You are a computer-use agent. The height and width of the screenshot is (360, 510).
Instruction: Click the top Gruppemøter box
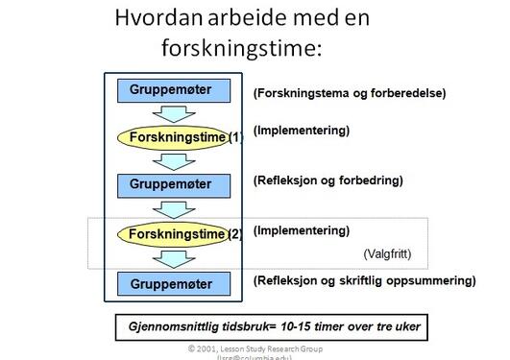[x=178, y=90]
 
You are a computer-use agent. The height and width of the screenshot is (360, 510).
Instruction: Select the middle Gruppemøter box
[x=178, y=183]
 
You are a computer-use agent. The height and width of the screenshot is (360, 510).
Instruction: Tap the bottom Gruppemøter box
[x=178, y=283]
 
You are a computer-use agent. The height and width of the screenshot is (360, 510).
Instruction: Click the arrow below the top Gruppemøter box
[x=177, y=113]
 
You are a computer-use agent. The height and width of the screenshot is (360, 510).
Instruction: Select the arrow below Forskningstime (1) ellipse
[x=177, y=161]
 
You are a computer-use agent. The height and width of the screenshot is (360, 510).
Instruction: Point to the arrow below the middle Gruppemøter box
[x=177, y=207]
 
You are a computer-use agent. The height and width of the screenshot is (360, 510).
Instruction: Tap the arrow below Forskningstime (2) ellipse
[x=177, y=258]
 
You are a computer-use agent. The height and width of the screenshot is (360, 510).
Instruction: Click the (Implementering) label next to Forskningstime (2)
[x=301, y=230]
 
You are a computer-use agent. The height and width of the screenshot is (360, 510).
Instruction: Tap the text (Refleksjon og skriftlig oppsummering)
[x=364, y=280]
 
